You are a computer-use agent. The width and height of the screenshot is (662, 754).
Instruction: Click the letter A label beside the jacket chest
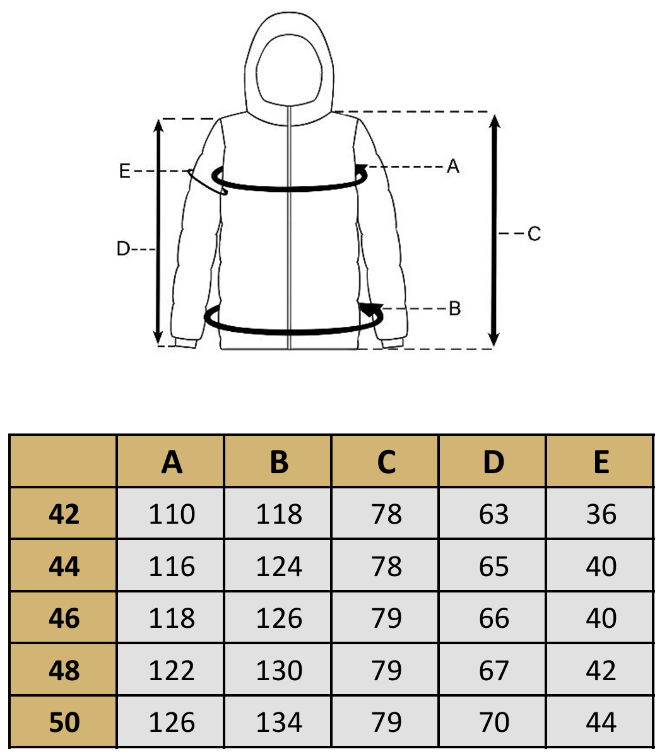pos(452,167)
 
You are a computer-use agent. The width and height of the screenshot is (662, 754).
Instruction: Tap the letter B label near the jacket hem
pos(454,309)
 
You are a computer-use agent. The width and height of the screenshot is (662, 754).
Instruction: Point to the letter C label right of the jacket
pos(534,233)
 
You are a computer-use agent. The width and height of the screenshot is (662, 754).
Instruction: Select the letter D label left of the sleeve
pos(123,249)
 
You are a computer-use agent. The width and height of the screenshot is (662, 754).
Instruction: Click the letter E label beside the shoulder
pos(124,171)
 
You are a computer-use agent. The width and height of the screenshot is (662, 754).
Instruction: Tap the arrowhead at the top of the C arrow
pos(495,121)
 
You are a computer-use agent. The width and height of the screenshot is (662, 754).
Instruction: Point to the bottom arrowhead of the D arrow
pos(158,338)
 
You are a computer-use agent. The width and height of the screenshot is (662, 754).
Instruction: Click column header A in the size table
pos(172,462)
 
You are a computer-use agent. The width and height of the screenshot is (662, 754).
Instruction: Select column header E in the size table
pos(601,462)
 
